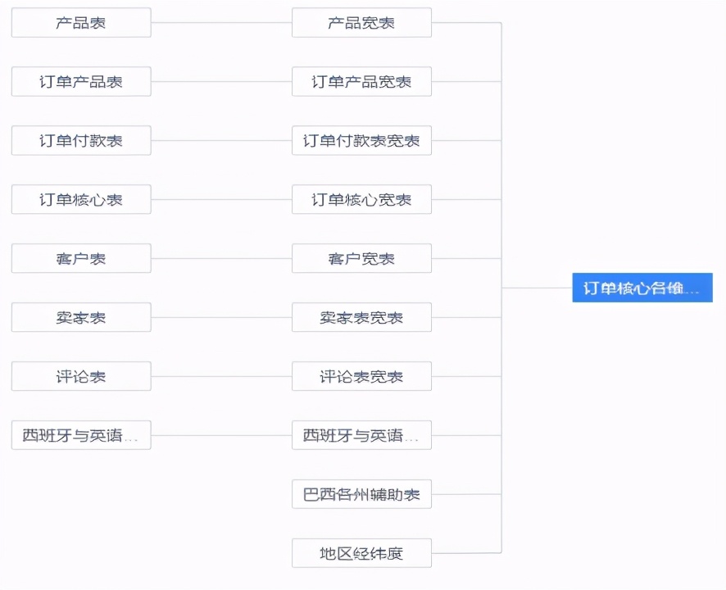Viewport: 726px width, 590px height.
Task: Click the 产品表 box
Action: [x=81, y=23]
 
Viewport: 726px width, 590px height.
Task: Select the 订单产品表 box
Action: [x=81, y=82]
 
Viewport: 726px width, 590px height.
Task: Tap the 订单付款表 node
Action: [x=81, y=141]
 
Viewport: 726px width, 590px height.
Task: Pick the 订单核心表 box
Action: [x=81, y=200]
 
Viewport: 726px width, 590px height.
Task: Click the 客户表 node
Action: [x=81, y=259]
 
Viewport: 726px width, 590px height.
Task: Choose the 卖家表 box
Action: [x=81, y=318]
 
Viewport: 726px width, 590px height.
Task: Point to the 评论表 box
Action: [x=81, y=377]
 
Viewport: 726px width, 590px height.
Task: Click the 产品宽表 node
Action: [x=361, y=23]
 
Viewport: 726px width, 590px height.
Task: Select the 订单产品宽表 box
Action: [x=361, y=82]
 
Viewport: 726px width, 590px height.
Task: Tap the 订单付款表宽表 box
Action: [x=361, y=141]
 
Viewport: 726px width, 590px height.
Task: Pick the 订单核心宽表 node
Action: [x=361, y=200]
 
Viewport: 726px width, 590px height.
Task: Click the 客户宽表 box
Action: [x=361, y=259]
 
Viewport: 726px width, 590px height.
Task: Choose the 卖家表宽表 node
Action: [x=361, y=318]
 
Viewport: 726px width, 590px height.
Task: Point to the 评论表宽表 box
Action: [x=361, y=377]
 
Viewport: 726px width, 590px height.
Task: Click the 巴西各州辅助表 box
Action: [x=361, y=495]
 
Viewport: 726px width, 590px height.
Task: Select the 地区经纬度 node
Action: [x=361, y=554]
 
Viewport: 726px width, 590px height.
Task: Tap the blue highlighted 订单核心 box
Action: [x=642, y=288]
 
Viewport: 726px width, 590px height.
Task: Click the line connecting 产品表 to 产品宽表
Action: [x=221, y=23]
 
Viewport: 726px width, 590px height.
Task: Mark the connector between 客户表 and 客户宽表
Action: [x=221, y=259]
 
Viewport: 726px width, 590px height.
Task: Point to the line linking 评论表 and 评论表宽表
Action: [x=221, y=377]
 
